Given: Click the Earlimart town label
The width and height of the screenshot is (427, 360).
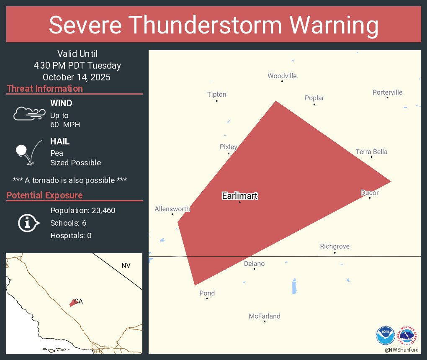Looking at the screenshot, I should (239, 196).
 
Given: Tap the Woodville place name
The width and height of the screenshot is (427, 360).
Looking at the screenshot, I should (282, 76).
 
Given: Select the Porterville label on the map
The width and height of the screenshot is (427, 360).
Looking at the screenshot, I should (387, 92).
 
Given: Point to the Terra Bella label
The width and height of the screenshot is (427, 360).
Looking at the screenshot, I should (371, 152).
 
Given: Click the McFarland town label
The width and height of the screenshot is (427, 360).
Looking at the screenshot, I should (265, 316).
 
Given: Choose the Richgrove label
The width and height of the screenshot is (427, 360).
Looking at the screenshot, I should (334, 246).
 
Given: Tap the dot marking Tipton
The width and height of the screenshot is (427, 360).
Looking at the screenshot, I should (217, 101).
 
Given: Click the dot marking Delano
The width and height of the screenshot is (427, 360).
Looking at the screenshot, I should (255, 269).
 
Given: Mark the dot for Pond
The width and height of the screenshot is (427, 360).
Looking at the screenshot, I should (207, 298).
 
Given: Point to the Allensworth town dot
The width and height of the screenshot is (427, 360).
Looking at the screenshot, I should (172, 214).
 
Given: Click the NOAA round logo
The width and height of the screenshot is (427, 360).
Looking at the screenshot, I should (385, 336).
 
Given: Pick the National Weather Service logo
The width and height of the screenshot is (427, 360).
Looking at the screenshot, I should (408, 336).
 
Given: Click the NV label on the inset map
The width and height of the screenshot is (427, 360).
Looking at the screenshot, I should (126, 265).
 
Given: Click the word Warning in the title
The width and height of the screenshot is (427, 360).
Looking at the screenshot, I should (331, 25).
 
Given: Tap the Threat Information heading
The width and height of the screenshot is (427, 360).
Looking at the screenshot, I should (45, 88).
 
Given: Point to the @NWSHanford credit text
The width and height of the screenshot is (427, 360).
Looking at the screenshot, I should (401, 350).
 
